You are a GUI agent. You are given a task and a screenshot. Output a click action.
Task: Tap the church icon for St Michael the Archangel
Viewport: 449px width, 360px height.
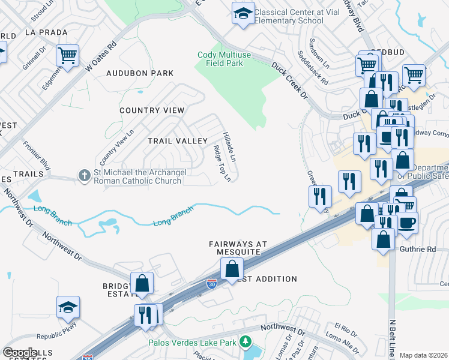point(85,176)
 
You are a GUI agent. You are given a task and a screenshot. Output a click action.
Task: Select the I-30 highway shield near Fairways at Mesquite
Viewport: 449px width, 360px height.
point(211,284)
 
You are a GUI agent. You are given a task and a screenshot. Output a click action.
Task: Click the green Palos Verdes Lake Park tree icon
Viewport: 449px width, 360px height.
point(245,342)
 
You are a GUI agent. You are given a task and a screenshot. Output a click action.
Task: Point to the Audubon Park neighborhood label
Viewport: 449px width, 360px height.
point(140,73)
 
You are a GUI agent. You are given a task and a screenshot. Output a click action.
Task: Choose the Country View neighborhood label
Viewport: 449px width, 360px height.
point(152,110)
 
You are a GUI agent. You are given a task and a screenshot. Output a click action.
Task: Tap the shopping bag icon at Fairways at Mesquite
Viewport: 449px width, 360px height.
point(232,269)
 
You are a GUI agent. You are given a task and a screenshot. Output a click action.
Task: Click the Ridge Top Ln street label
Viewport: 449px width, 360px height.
point(222,163)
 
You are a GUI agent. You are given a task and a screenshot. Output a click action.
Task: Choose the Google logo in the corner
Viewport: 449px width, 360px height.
point(20,353)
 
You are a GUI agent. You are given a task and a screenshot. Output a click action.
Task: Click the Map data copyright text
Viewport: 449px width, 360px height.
point(423,355)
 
